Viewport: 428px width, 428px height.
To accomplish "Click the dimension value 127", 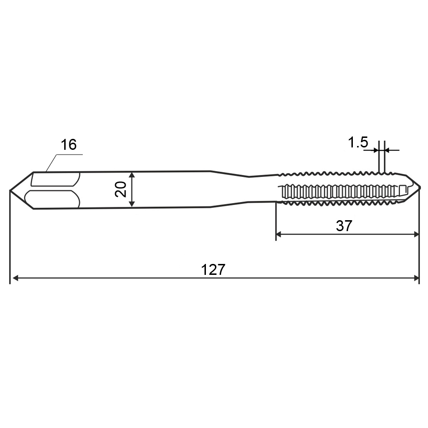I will [x=213, y=270].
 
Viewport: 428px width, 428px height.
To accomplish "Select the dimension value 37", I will [x=344, y=225].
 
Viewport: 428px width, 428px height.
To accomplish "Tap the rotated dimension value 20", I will [x=121, y=189].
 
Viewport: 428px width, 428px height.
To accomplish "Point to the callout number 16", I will [x=68, y=145].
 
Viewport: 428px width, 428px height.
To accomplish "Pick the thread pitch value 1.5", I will [x=358, y=142].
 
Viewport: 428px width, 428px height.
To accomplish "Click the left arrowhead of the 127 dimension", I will [x=15, y=278].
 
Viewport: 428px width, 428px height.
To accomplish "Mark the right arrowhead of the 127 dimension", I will [x=415, y=278].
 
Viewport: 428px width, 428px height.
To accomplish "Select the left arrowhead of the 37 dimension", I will [x=280, y=234].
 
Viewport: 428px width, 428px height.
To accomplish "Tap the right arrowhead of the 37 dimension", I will [x=415, y=234].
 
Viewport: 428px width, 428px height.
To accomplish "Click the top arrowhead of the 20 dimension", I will [x=133, y=175].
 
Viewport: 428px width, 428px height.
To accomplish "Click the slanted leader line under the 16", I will [x=51, y=163].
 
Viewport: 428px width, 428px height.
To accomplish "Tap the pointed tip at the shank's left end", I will [x=11, y=190].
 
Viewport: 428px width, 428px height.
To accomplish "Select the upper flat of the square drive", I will [x=55, y=180].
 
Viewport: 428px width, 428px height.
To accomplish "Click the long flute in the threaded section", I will [x=342, y=191].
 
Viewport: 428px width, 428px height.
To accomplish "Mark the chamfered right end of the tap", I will [x=414, y=190].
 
